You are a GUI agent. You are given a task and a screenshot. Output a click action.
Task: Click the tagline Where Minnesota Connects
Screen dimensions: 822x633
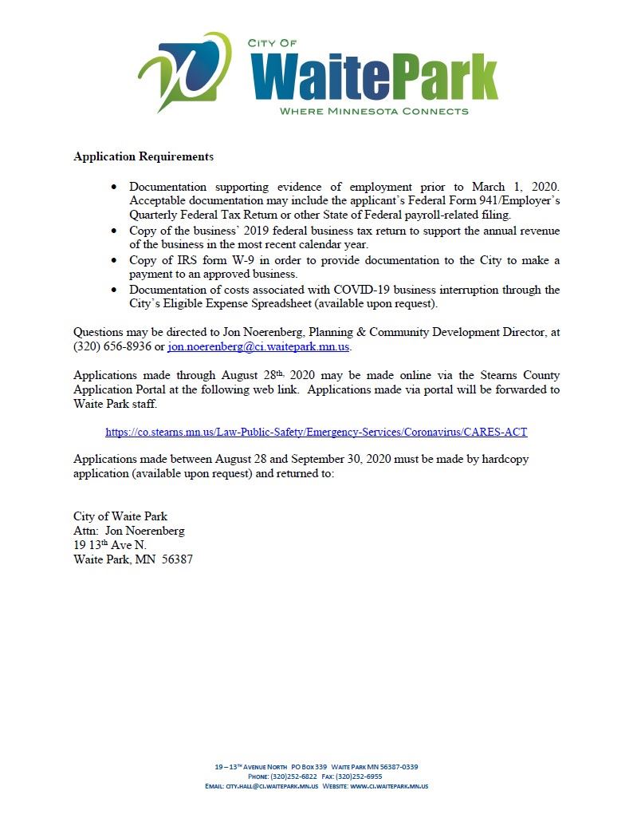[373, 111]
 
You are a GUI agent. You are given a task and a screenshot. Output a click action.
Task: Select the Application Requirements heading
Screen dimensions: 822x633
[144, 156]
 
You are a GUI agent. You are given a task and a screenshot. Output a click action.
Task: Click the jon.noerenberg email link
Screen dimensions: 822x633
[259, 347]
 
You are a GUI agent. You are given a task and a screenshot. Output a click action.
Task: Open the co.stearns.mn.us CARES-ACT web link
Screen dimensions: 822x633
[316, 432]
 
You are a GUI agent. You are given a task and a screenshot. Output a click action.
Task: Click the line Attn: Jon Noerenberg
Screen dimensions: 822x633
[129, 531]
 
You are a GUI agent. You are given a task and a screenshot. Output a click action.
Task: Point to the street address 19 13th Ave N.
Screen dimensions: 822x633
[110, 545]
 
